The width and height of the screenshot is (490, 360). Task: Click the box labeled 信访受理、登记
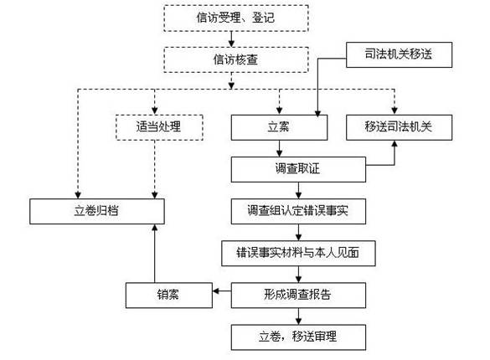[x=236, y=18]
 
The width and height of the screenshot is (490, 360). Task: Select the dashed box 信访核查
[x=236, y=59]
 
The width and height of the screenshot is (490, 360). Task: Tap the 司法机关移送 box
[x=399, y=54]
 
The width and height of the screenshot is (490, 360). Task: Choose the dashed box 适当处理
[x=159, y=127]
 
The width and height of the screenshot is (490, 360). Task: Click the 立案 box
[x=279, y=127]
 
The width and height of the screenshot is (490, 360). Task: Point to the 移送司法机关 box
[x=399, y=127]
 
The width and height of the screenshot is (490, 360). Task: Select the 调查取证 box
[x=298, y=169]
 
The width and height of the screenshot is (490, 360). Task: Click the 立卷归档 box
[x=97, y=211]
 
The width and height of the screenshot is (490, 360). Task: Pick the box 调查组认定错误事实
[x=298, y=211]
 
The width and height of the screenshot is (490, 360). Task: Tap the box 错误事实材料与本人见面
[x=298, y=253]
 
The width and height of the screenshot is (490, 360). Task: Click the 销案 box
[x=169, y=295]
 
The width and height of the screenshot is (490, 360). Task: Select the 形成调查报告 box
[x=298, y=295]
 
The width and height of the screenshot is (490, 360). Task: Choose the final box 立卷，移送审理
[x=298, y=337]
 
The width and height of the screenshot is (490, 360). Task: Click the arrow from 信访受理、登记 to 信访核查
[x=231, y=39]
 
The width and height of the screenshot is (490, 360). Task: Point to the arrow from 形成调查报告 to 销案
[x=222, y=291]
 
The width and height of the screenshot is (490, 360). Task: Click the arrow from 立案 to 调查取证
[x=280, y=148]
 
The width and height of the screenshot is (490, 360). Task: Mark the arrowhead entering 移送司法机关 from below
[x=395, y=144]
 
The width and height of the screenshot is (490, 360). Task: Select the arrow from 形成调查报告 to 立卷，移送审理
[x=298, y=316]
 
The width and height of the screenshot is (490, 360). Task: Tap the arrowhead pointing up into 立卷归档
[x=154, y=228]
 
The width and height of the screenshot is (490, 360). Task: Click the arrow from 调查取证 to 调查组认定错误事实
[x=298, y=190]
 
